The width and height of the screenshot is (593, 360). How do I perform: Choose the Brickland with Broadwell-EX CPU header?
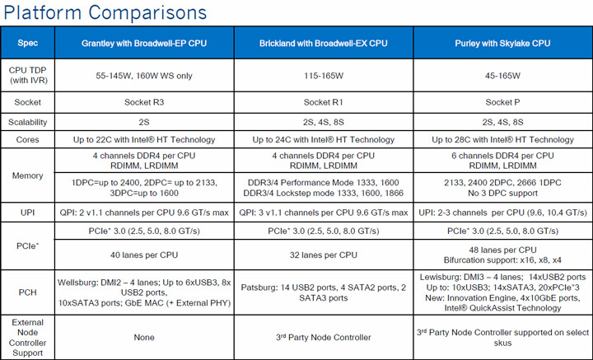click(x=320, y=42)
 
